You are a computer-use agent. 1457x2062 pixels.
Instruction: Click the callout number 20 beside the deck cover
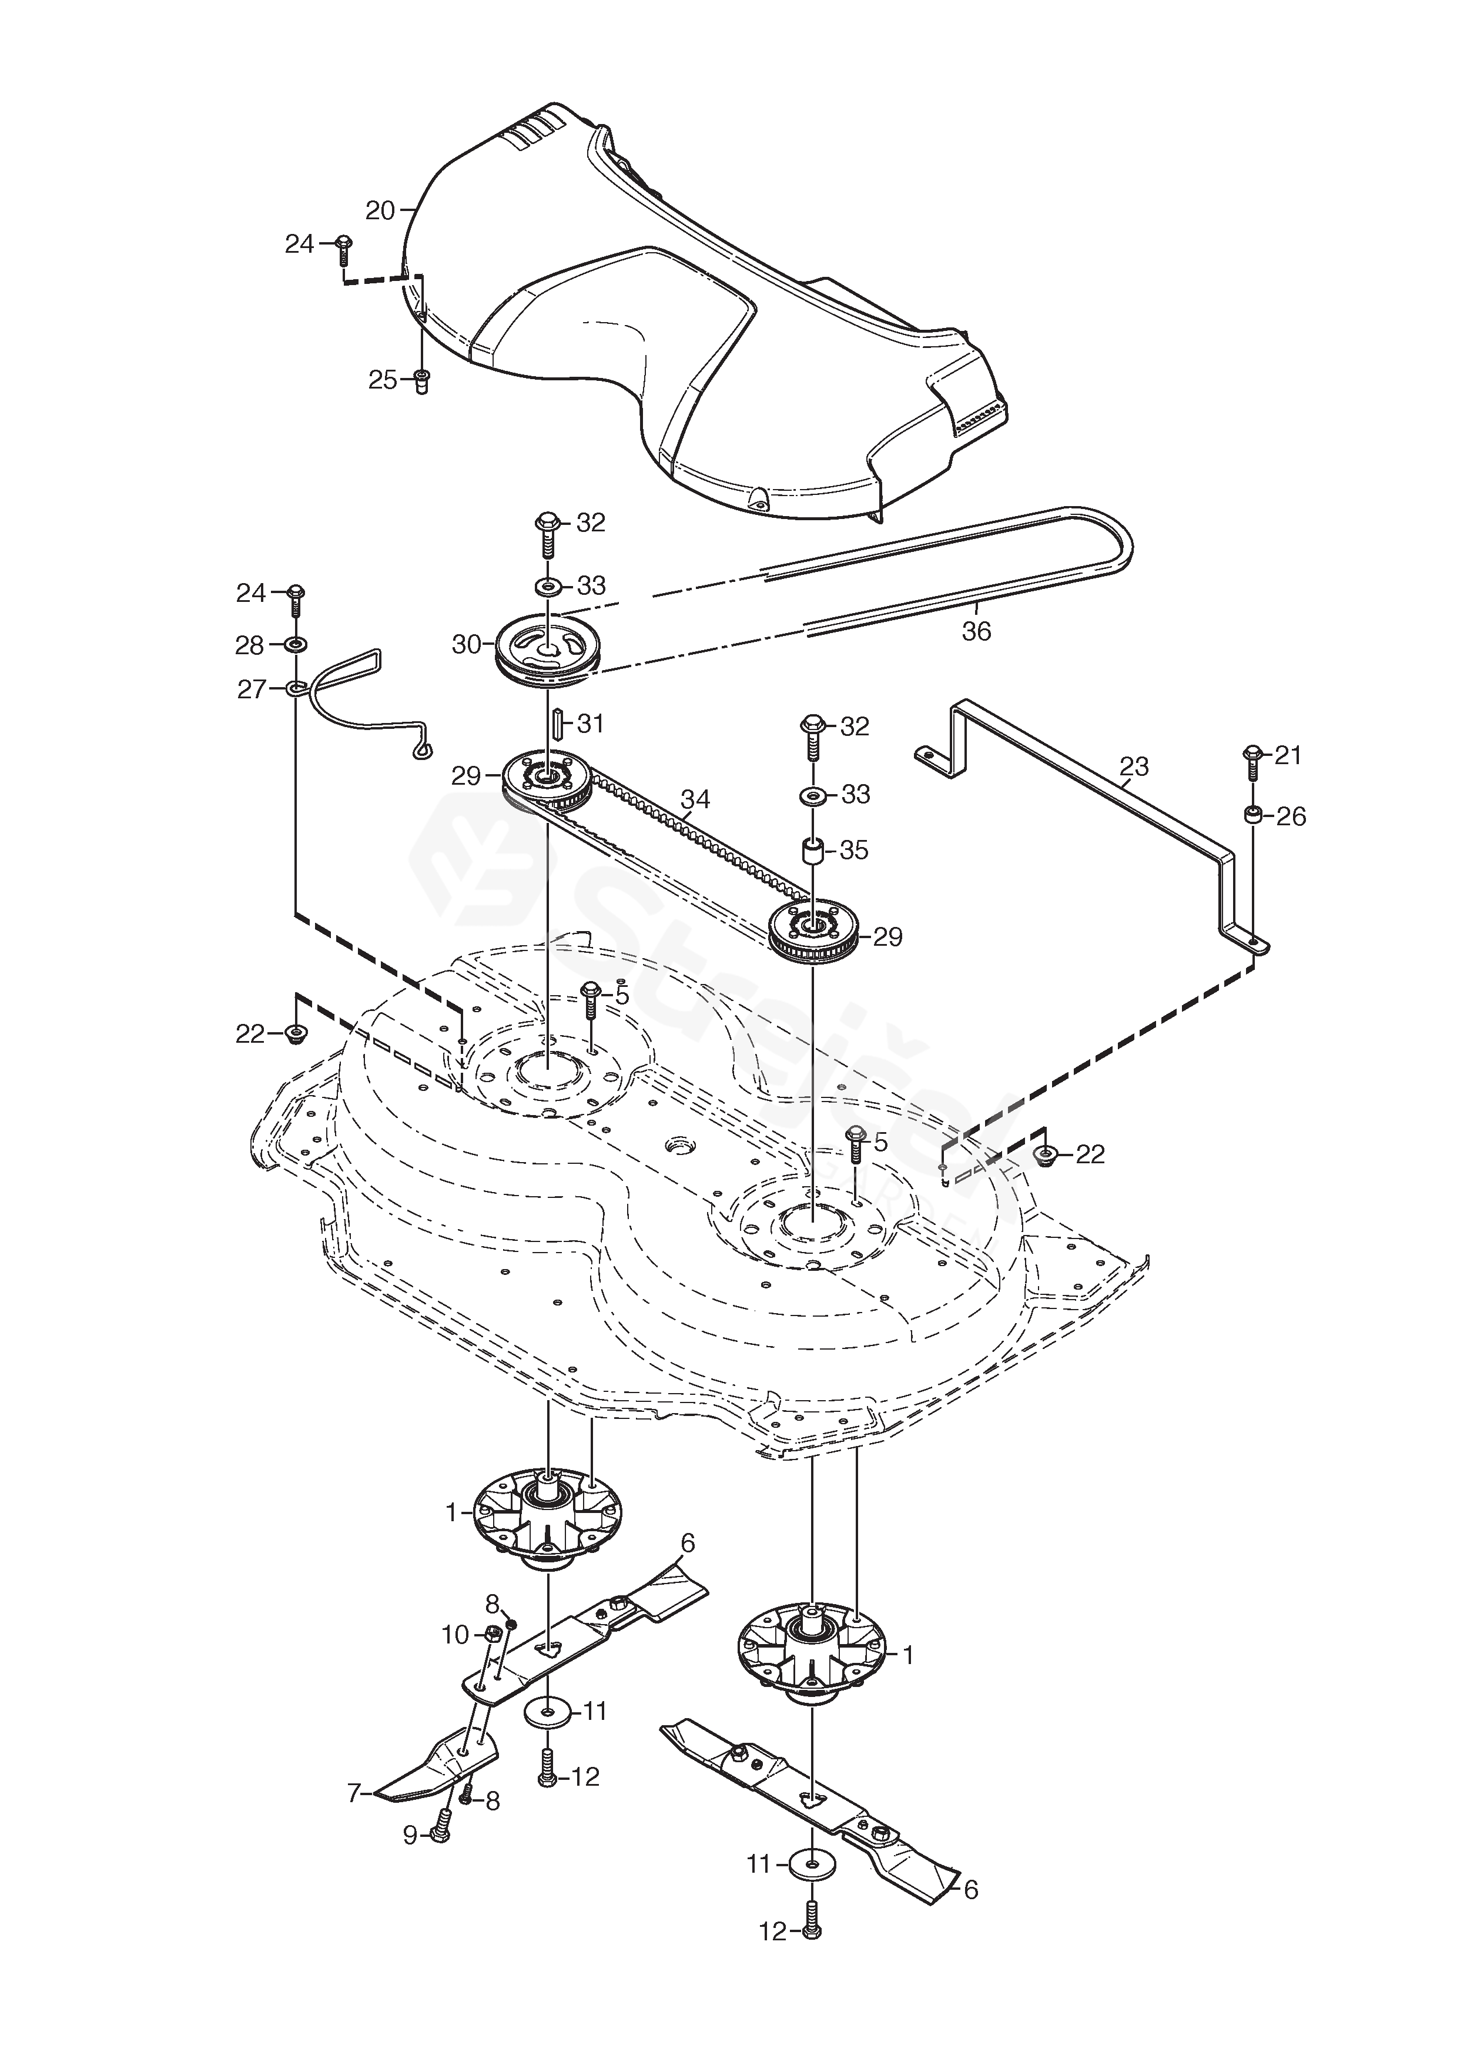380,211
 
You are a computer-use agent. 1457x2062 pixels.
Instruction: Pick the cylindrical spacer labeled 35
813,851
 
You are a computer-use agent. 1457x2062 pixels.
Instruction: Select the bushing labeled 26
1252,815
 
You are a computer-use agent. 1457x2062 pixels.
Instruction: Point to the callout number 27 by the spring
252,689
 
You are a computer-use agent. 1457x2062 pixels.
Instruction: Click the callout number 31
590,723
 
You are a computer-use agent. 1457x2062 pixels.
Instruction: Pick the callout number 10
455,1635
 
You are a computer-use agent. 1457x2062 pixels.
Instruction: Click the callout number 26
1291,816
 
